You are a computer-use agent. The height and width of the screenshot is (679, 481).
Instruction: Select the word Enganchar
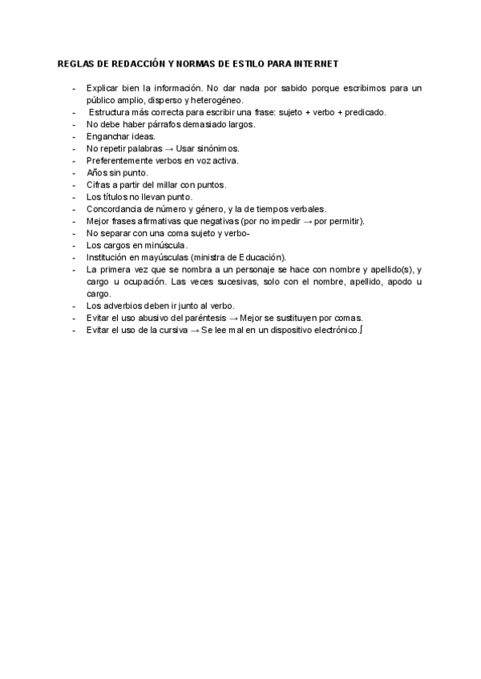(107, 136)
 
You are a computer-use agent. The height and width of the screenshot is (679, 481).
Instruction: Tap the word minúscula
(164, 244)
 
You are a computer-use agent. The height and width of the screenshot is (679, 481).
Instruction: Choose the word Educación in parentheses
(261, 256)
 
